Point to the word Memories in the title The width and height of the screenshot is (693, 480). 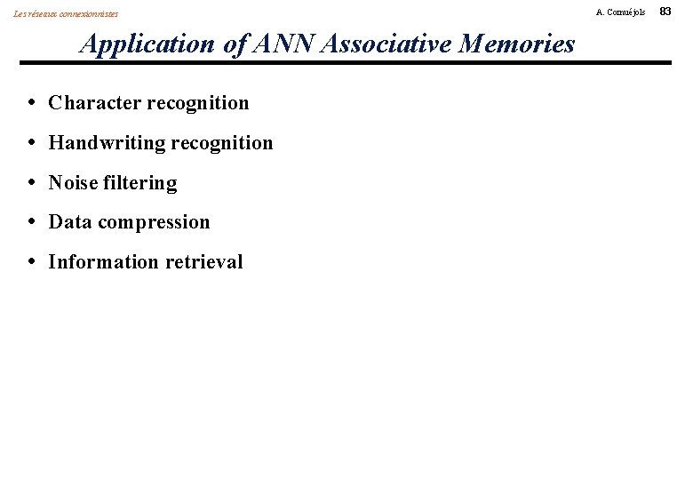pos(516,44)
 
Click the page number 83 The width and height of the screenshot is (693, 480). pos(679,11)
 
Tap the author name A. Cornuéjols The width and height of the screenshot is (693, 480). pos(621,12)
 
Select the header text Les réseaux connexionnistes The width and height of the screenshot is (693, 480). pos(66,13)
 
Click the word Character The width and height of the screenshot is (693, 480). pos(92,103)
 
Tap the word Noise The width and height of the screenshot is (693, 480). pos(73,183)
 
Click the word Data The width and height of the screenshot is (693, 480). pos(68,222)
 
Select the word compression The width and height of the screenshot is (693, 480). pos(152,223)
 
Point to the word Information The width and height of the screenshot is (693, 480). pos(97,262)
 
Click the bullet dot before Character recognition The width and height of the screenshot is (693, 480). pos(32,103)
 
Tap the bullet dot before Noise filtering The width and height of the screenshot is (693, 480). pos(32,183)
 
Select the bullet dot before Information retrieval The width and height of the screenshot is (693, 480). pos(32,262)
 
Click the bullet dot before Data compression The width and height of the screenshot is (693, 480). pos(32,222)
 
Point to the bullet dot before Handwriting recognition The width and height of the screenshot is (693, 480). pos(32,143)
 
